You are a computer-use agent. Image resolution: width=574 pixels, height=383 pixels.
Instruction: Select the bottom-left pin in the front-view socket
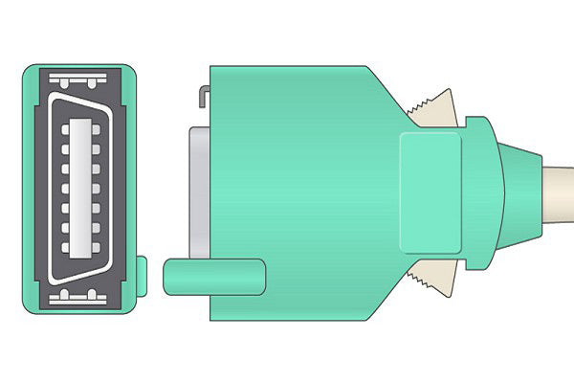66,248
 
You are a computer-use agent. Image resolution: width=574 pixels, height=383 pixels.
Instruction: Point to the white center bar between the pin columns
85,188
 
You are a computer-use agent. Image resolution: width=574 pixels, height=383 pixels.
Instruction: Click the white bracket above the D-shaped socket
85,76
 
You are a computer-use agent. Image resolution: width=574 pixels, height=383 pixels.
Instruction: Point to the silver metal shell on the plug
199,191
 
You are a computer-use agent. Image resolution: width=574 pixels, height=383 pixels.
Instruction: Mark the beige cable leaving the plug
560,191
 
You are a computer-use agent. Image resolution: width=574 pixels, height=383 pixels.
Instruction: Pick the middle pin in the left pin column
66,188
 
